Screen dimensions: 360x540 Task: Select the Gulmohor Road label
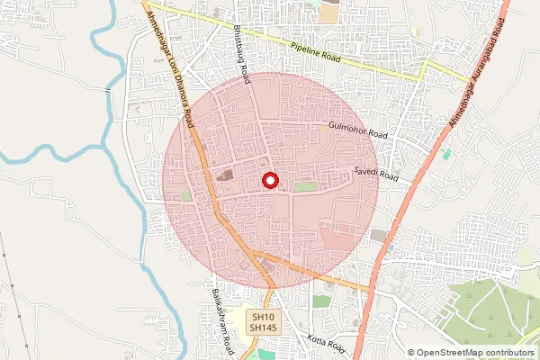click(357, 131)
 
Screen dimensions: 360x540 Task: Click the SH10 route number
click(262, 318)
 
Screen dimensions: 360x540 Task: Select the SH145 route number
click(262, 329)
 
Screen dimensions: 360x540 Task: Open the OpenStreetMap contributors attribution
click(478, 353)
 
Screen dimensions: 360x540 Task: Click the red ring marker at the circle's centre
click(268, 180)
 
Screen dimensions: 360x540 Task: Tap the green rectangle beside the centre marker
click(306, 186)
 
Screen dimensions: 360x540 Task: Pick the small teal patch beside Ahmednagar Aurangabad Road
click(446, 154)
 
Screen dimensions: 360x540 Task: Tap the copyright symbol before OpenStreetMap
click(412, 353)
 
